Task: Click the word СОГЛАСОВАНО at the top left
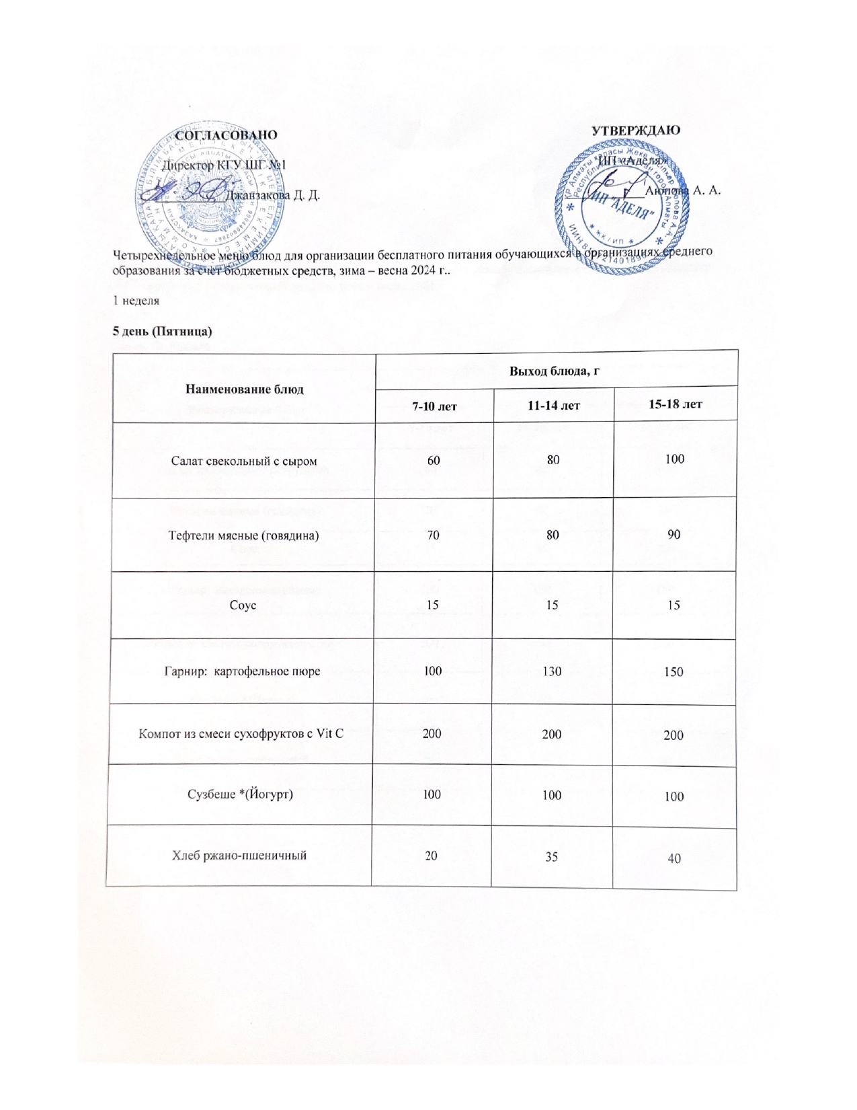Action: tap(226, 135)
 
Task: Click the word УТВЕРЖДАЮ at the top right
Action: tap(636, 131)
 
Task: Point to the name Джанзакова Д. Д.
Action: tap(272, 196)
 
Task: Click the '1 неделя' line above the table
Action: tap(135, 302)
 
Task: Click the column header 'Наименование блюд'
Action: tap(244, 389)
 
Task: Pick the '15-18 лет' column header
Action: tap(675, 404)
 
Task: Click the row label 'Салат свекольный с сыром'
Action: tap(244, 461)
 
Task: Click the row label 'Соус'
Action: tap(239, 605)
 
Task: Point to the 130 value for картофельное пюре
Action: tap(552, 671)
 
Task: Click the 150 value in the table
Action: tap(674, 672)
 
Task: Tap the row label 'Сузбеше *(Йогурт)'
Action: tap(240, 794)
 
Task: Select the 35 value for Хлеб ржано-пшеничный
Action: tap(552, 857)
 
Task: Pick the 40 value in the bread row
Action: tap(674, 858)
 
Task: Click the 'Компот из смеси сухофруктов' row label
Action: tap(241, 733)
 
